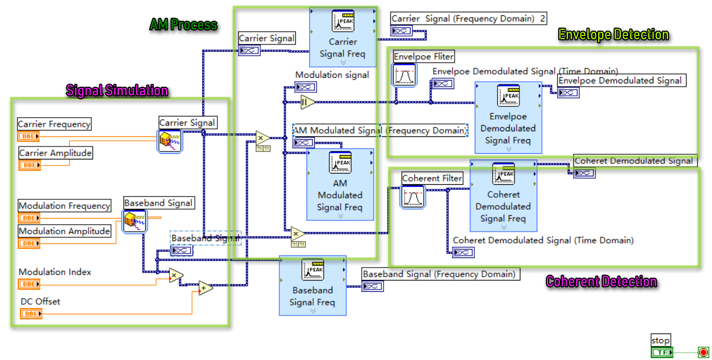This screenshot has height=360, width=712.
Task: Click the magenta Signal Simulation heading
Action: tap(117, 91)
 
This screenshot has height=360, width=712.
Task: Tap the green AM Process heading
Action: tap(183, 25)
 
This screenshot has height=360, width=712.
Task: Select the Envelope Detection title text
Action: tap(613, 35)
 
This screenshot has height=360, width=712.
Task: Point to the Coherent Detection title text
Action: tap(601, 282)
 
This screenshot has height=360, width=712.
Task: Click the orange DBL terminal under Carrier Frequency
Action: tap(29, 136)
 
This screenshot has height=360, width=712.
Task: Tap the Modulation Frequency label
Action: tap(64, 206)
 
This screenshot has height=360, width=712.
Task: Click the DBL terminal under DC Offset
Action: tap(31, 314)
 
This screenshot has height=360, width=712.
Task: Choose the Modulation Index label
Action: tap(55, 272)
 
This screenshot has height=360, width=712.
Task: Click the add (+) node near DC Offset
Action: tap(206, 288)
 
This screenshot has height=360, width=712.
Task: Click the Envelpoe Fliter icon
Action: tap(404, 75)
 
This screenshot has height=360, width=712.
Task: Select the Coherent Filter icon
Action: tap(413, 197)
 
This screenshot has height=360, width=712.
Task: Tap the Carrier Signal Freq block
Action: tap(343, 37)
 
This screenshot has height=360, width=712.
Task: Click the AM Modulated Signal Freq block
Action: tap(340, 184)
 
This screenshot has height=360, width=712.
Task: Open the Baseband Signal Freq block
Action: tap(312, 286)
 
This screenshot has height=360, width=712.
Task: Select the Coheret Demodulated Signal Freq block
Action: tap(503, 195)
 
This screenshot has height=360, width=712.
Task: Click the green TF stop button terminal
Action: tap(661, 353)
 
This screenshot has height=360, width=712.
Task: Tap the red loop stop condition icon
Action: tap(703, 353)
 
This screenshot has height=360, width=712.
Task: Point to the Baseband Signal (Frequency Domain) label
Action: tap(439, 274)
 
